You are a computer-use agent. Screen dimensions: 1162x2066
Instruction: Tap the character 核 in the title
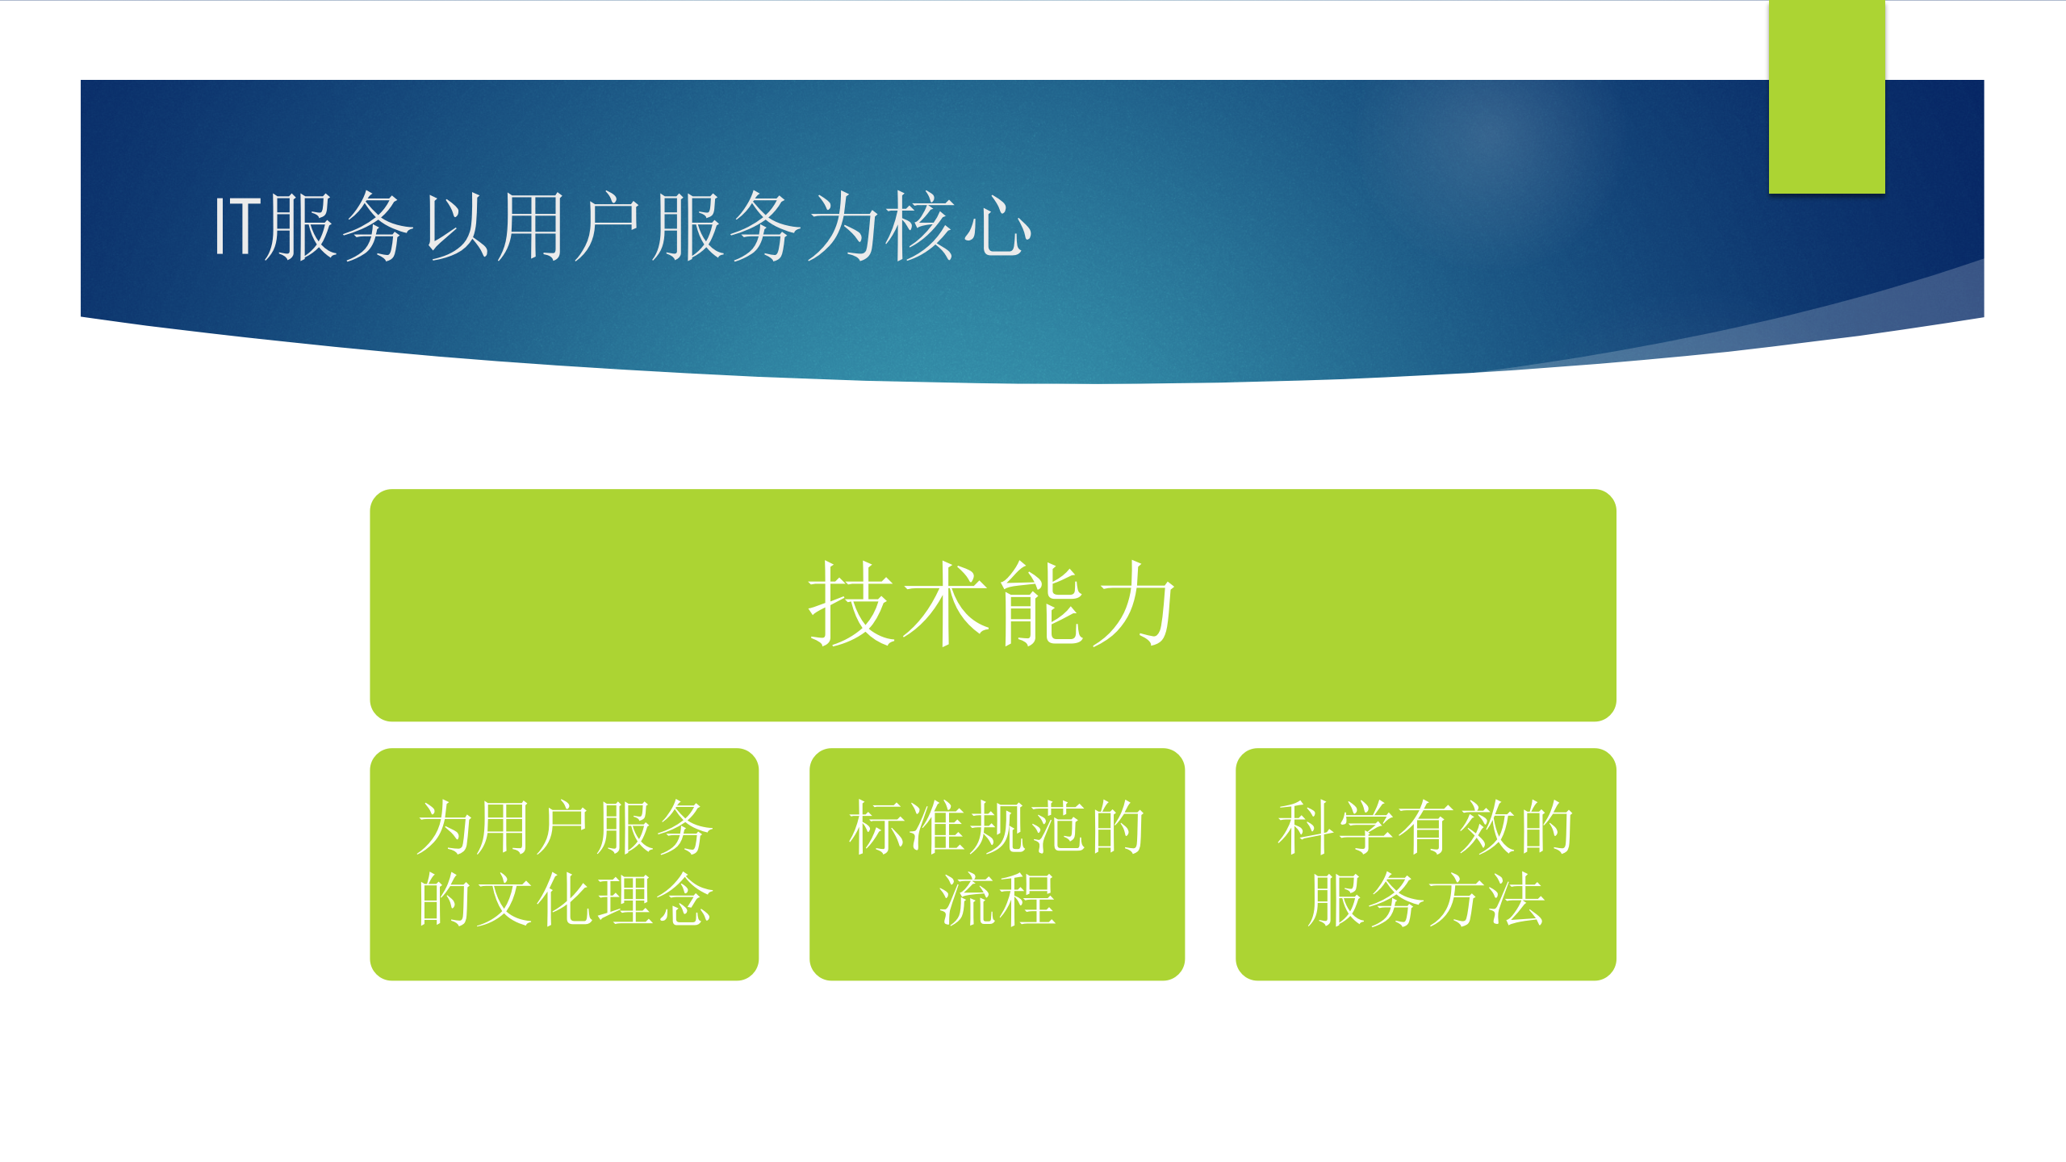click(921, 228)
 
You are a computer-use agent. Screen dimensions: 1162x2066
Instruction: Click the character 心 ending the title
click(997, 228)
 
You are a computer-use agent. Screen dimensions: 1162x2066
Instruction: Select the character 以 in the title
click(457, 228)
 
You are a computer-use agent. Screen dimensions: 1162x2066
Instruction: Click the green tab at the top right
click(1826, 97)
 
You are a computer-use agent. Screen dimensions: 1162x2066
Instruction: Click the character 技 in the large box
click(851, 604)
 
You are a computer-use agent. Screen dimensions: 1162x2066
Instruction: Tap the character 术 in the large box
click(945, 604)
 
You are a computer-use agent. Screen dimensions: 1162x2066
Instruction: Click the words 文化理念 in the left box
click(594, 899)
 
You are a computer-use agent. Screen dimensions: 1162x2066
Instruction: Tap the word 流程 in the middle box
click(997, 899)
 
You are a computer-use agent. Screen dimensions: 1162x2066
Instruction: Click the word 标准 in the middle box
click(907, 828)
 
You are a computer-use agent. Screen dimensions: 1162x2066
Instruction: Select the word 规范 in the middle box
click(1027, 828)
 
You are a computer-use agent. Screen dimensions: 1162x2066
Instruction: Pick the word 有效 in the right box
click(1455, 828)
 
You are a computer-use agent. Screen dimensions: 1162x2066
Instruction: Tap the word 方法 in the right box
click(1485, 899)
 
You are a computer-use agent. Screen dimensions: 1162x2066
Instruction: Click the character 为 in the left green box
click(445, 828)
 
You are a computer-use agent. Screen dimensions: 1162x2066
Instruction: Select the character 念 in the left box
click(684, 899)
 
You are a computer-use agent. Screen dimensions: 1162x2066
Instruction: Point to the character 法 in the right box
click(1516, 899)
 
